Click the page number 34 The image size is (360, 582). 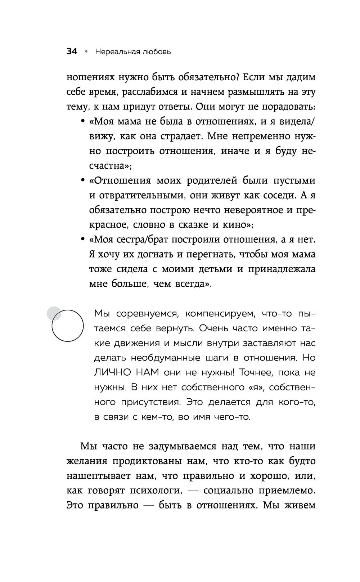[x=72, y=52]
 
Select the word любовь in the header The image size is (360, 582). [x=156, y=52]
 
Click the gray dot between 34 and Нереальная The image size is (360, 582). [x=86, y=52]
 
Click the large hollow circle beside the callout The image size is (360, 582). [x=68, y=326]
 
